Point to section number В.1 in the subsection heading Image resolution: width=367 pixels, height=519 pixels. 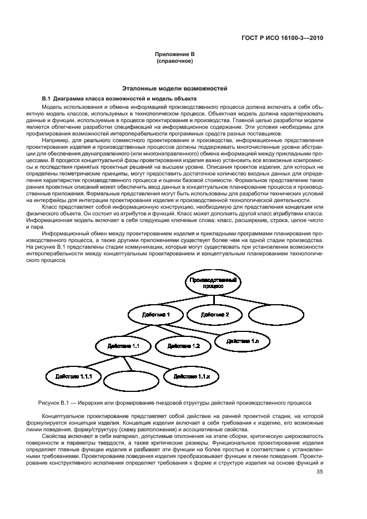coord(47,98)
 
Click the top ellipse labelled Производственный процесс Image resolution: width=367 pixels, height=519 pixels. coord(213,283)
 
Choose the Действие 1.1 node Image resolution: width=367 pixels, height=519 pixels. coord(120,346)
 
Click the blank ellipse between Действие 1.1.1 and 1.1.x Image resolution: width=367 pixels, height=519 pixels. coord(127,381)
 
